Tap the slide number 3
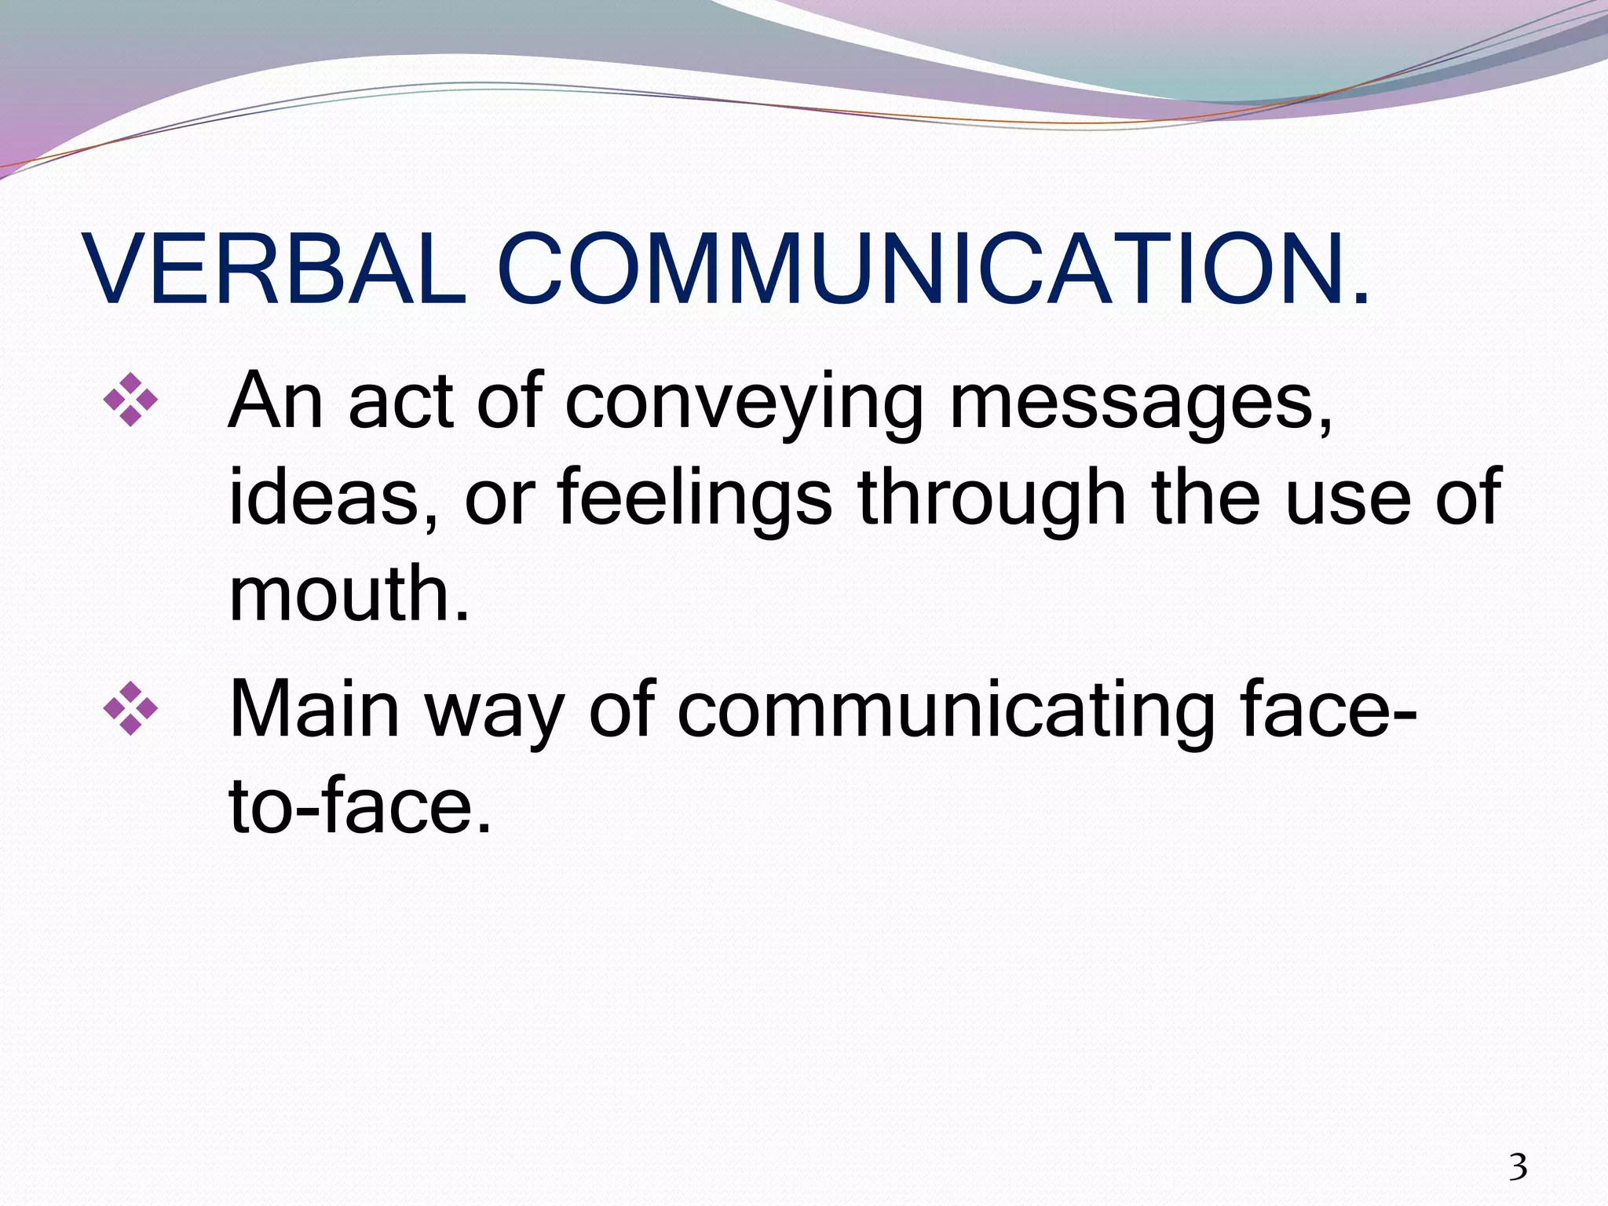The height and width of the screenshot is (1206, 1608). [x=1518, y=1168]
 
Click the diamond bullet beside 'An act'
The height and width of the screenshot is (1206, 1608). [x=130, y=400]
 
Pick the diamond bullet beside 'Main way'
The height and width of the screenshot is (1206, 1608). [x=130, y=709]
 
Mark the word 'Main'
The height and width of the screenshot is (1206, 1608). [x=315, y=710]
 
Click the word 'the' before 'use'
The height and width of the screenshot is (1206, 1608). [x=1205, y=498]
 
